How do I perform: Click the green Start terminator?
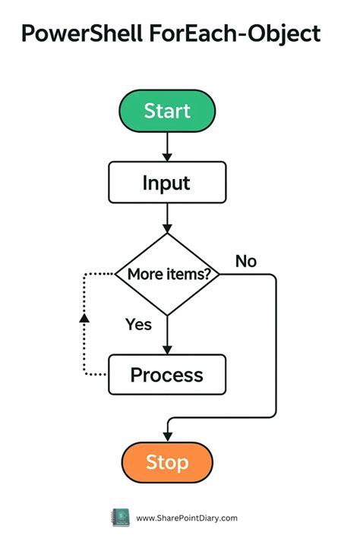167,111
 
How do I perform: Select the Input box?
167,182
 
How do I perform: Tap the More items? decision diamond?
167,274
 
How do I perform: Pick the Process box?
167,375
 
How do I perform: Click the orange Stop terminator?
167,462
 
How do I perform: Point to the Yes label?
138,325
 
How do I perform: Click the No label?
246,261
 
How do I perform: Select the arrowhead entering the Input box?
167,157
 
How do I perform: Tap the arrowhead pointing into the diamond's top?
167,228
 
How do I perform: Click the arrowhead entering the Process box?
167,350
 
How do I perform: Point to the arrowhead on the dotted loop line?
84,318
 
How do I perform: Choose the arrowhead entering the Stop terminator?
167,437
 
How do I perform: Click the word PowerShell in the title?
82,33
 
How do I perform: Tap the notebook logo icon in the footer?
121,518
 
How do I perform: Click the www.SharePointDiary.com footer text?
187,518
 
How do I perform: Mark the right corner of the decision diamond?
219,274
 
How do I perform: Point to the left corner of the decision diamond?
115,274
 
